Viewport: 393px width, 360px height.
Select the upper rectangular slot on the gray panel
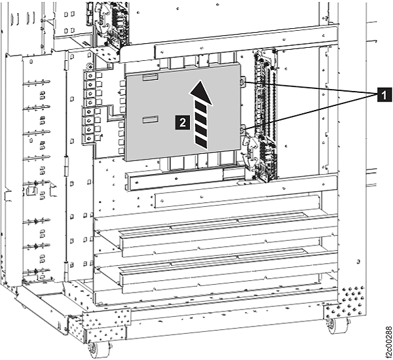pos(150,77)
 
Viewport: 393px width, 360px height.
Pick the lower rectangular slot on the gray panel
pos(150,120)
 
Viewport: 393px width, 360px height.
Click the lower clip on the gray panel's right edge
pos(242,130)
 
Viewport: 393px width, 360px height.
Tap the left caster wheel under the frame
pos(99,348)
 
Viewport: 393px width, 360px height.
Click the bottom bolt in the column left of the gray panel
pos(89,139)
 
